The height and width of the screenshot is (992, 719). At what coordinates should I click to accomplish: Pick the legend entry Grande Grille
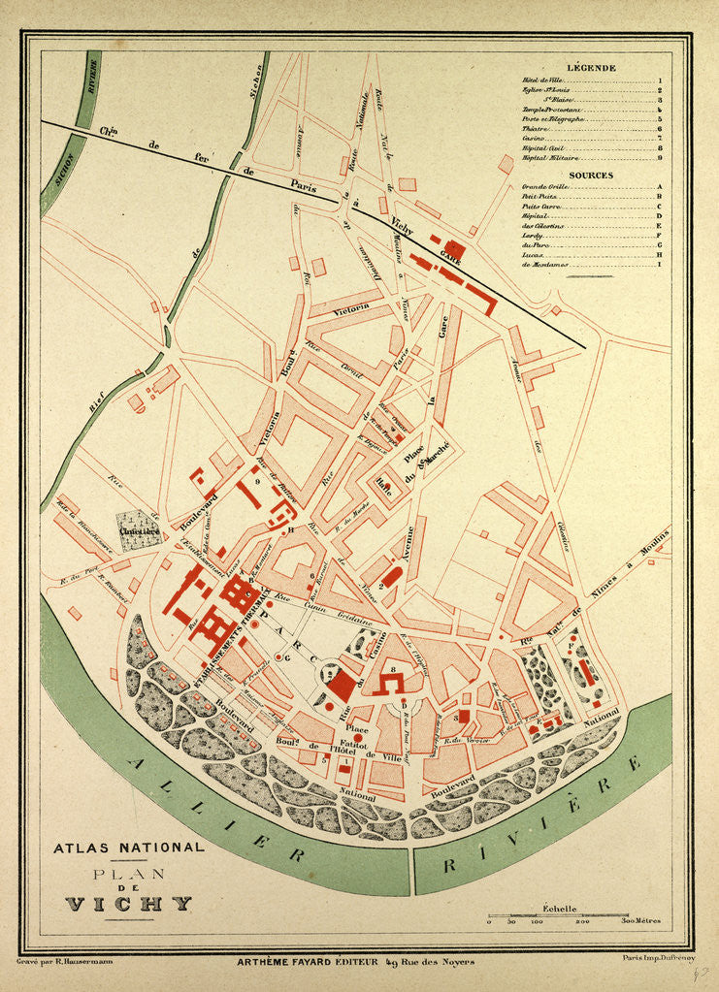(x=544, y=187)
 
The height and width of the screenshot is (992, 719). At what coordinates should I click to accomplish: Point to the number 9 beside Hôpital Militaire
(x=659, y=157)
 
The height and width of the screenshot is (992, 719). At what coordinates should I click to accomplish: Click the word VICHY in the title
(x=128, y=904)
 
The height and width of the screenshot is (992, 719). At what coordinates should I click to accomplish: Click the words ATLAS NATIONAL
(x=128, y=847)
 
